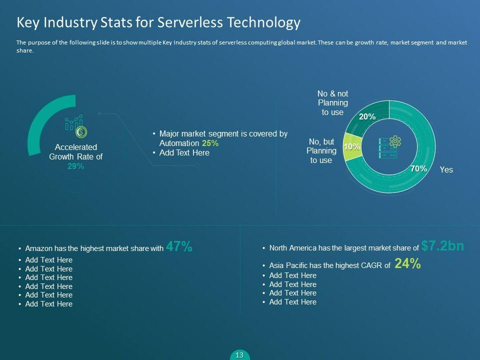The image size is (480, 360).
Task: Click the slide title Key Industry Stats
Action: pos(158,22)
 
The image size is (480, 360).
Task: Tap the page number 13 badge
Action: pos(239,355)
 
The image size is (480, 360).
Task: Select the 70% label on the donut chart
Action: pos(418,169)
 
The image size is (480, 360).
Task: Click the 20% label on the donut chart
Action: pos(367,116)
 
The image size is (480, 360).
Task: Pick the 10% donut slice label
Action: pos(351,146)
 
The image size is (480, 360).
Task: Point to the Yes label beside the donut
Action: pos(446,170)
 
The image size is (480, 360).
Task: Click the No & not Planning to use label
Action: pos(332,103)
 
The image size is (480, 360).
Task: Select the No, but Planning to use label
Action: pos(321,151)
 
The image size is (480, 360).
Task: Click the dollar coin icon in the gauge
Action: pos(81,132)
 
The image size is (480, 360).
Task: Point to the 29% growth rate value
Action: pos(75,166)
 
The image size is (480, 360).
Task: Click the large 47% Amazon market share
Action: pos(179,246)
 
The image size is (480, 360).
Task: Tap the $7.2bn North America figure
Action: pos(442,245)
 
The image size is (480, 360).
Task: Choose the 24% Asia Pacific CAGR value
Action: pos(407,264)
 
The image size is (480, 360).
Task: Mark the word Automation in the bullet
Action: pos(179,143)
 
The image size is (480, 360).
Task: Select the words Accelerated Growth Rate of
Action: pos(75,151)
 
